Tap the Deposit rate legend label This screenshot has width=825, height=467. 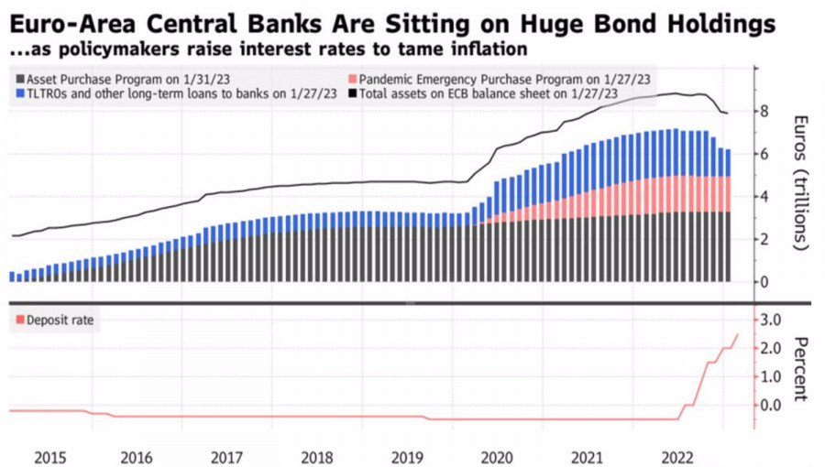coord(60,320)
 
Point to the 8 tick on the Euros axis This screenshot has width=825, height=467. coord(762,112)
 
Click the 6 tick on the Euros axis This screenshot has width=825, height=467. coord(762,154)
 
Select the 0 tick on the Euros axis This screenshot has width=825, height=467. coord(762,282)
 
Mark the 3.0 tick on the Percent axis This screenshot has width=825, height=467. coord(771,319)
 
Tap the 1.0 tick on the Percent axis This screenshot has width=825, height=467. coord(771,376)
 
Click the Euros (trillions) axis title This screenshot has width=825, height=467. coord(799,183)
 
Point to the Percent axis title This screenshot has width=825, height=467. coord(799,369)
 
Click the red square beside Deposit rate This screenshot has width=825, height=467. coord(19,320)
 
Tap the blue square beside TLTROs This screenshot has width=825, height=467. coord(19,93)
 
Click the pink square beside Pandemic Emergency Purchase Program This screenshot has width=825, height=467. coord(353,79)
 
